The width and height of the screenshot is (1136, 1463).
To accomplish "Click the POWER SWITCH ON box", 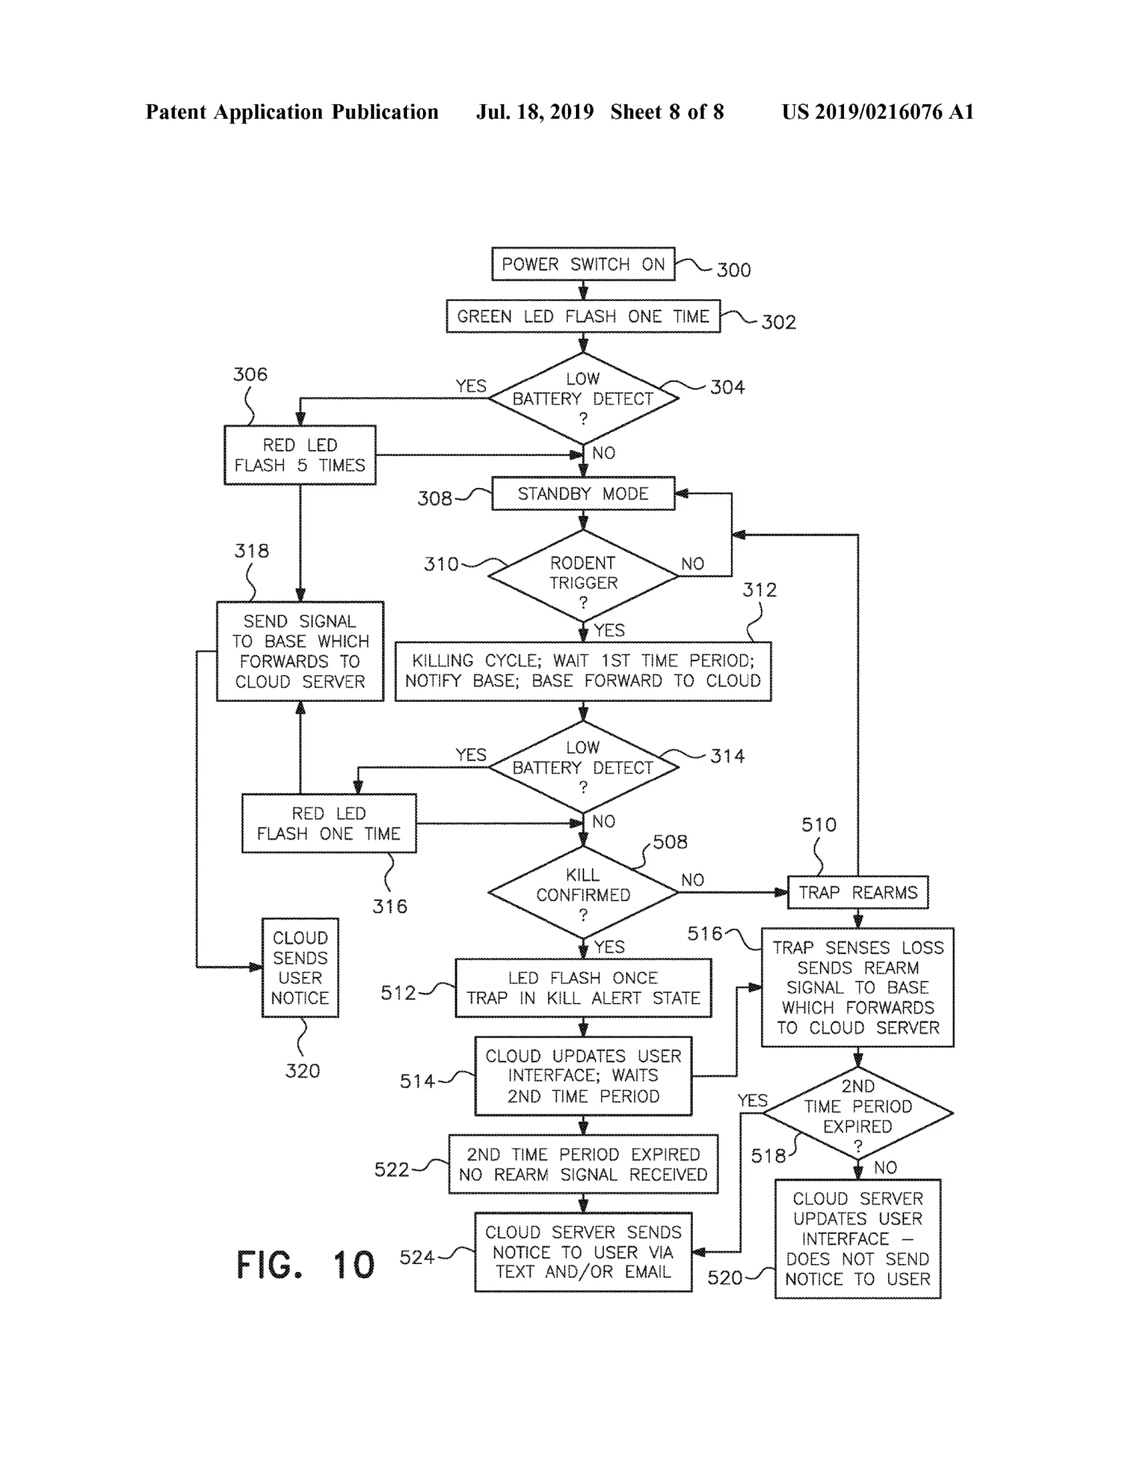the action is pyautogui.click(x=583, y=264).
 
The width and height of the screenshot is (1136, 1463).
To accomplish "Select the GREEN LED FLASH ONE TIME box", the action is pyautogui.click(x=583, y=317).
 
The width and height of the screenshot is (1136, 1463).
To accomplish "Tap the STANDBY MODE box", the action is pyautogui.click(x=583, y=493).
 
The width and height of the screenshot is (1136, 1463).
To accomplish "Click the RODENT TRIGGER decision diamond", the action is pyautogui.click(x=583, y=576).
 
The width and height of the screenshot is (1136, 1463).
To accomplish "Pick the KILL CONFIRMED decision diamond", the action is pyautogui.click(x=583, y=892).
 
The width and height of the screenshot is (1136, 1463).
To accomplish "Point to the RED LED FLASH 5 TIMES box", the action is pyautogui.click(x=299, y=455).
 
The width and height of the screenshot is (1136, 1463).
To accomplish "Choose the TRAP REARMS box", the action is pyautogui.click(x=858, y=892).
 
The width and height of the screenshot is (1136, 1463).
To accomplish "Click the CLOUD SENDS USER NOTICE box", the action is pyautogui.click(x=300, y=968).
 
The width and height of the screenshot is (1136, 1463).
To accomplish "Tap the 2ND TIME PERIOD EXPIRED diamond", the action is pyautogui.click(x=858, y=1113).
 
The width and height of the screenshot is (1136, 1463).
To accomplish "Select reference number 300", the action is pyautogui.click(x=734, y=270).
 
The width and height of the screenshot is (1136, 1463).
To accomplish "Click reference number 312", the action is pyautogui.click(x=759, y=590).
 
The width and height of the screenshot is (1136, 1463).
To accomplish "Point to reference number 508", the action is pyautogui.click(x=670, y=841).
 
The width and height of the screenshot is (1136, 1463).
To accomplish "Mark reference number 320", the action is pyautogui.click(x=302, y=1070).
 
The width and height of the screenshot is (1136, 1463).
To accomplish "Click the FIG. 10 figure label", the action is pyautogui.click(x=305, y=1265).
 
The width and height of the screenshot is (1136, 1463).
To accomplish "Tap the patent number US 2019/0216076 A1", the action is pyautogui.click(x=878, y=112).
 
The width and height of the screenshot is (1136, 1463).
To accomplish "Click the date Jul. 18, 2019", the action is pyautogui.click(x=535, y=112).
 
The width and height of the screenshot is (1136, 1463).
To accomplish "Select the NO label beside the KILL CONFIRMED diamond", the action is pyautogui.click(x=692, y=879).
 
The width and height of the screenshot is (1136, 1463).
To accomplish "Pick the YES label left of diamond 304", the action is pyautogui.click(x=471, y=386).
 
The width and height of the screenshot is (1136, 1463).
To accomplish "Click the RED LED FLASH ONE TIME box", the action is pyautogui.click(x=329, y=823).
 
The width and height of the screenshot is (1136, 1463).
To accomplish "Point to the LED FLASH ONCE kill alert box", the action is pyautogui.click(x=583, y=988).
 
